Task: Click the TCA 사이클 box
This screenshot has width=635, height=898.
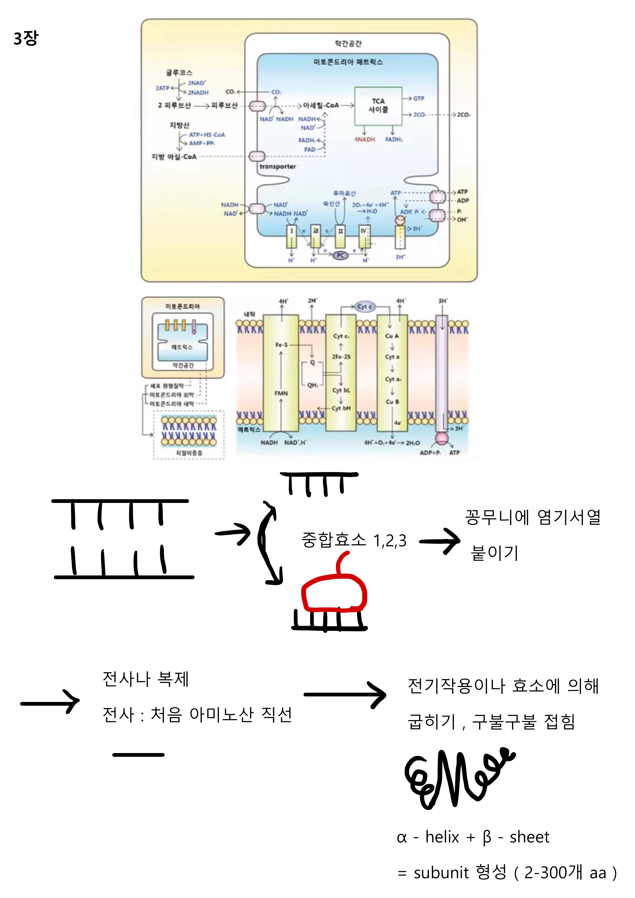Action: click(x=378, y=106)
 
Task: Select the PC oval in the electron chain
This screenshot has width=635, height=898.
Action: click(x=340, y=255)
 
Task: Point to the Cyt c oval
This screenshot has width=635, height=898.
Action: click(x=364, y=307)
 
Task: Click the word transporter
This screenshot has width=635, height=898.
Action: click(x=278, y=167)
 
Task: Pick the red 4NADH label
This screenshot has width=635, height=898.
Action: click(x=364, y=140)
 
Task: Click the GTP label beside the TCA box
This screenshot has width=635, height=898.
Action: click(x=418, y=99)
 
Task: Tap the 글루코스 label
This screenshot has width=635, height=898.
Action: click(x=179, y=73)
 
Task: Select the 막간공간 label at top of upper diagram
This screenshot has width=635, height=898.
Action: click(x=348, y=43)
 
